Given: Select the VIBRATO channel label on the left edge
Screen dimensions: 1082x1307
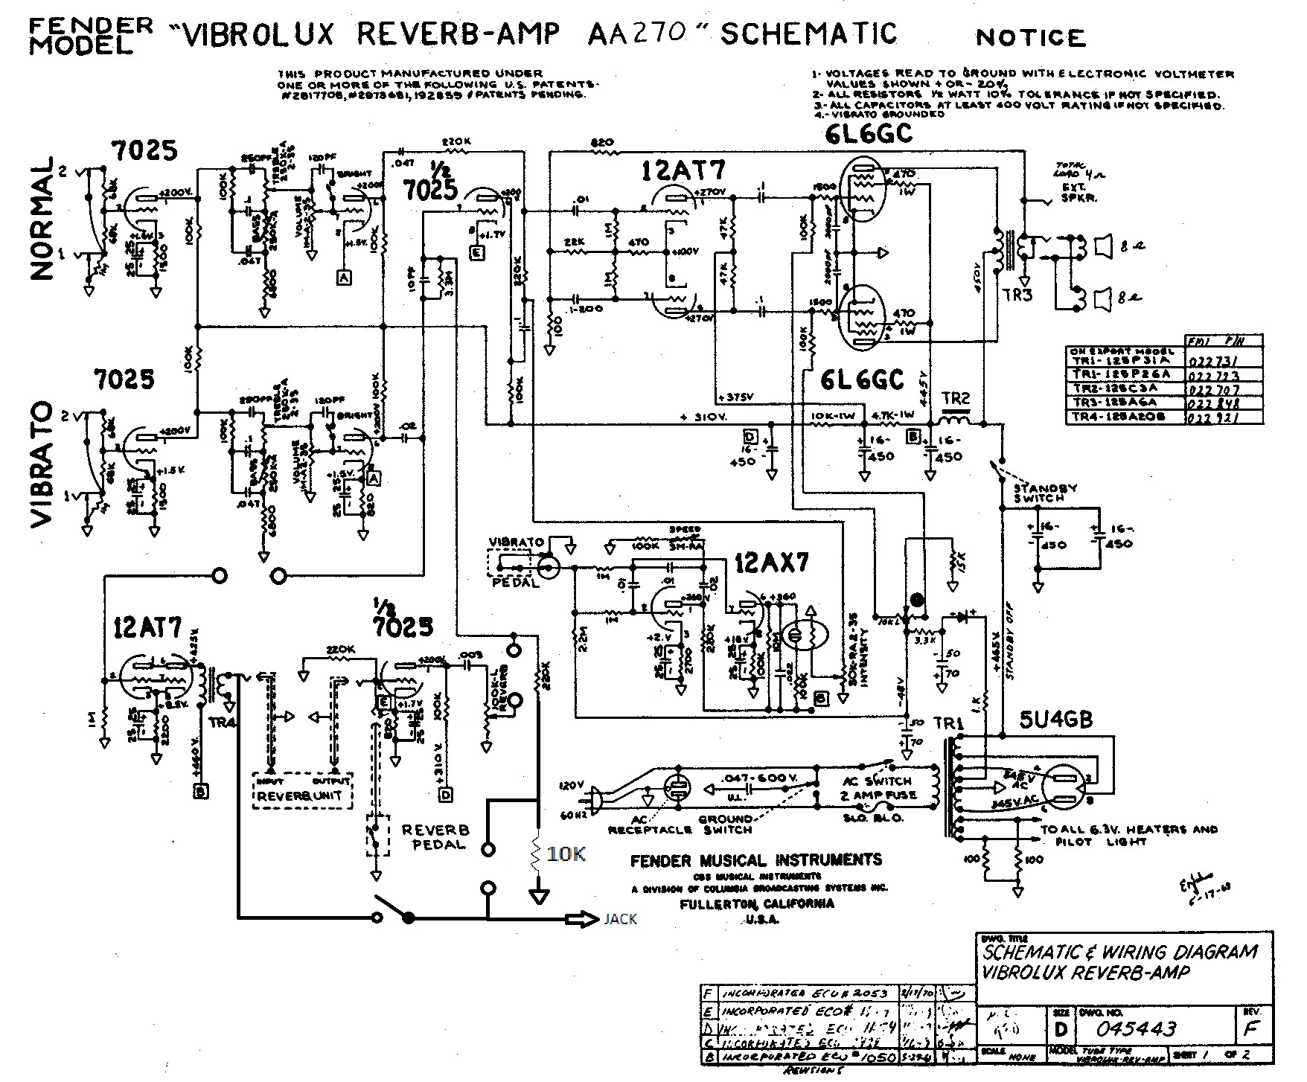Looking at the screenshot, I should pos(42,465).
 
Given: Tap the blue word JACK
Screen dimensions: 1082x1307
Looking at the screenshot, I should pos(620,919).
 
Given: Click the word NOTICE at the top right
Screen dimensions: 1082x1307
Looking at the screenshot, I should pos(1030,37).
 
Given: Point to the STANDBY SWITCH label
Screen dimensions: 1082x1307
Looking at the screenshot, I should pos(1046,493).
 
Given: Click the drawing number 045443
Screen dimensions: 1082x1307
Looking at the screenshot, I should pos(1136,1028).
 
